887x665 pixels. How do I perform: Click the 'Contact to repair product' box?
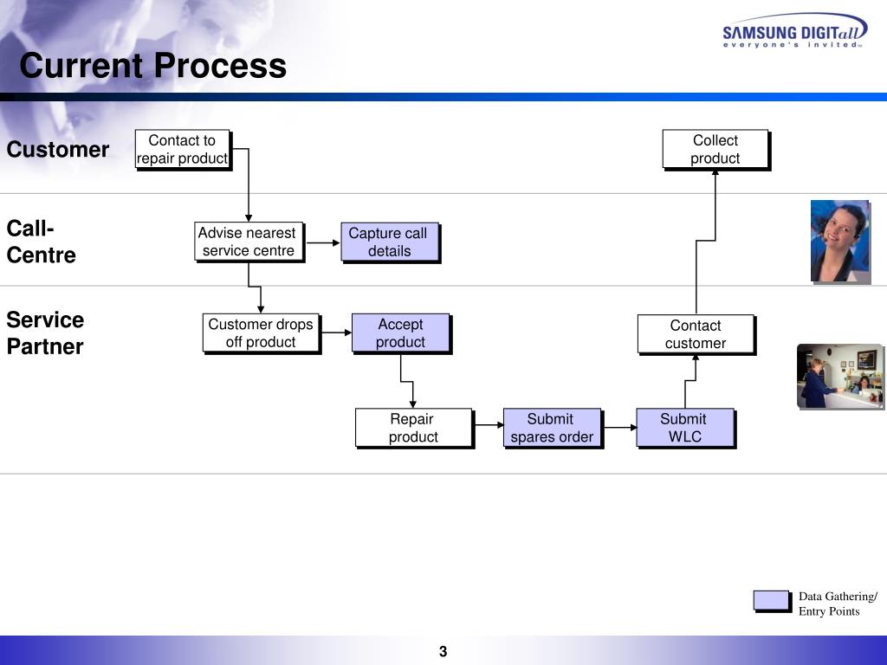point(182,149)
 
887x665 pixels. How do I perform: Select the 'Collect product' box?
point(715,149)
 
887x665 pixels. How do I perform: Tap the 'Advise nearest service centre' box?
point(249,242)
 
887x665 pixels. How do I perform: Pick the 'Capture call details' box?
point(389,242)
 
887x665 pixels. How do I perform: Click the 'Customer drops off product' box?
point(261,333)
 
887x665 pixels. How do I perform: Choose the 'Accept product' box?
point(400,333)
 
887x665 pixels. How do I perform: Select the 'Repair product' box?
point(413,428)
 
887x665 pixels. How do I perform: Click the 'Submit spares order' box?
point(552,428)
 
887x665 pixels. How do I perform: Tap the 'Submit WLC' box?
point(684,428)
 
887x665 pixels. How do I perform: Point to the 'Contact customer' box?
point(696,334)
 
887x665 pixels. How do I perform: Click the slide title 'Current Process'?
point(152,66)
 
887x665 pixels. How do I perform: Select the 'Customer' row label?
point(58,150)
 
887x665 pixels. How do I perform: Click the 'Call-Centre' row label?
point(42,242)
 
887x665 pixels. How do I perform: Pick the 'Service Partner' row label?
point(45,333)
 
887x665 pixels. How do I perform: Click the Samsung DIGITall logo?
point(793,34)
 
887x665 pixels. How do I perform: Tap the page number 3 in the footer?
point(443,652)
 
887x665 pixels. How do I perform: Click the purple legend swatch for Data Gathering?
point(771,600)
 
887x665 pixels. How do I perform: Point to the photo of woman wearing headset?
point(839,241)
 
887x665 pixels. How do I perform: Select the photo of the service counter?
point(839,376)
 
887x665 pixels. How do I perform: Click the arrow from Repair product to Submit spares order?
point(488,426)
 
